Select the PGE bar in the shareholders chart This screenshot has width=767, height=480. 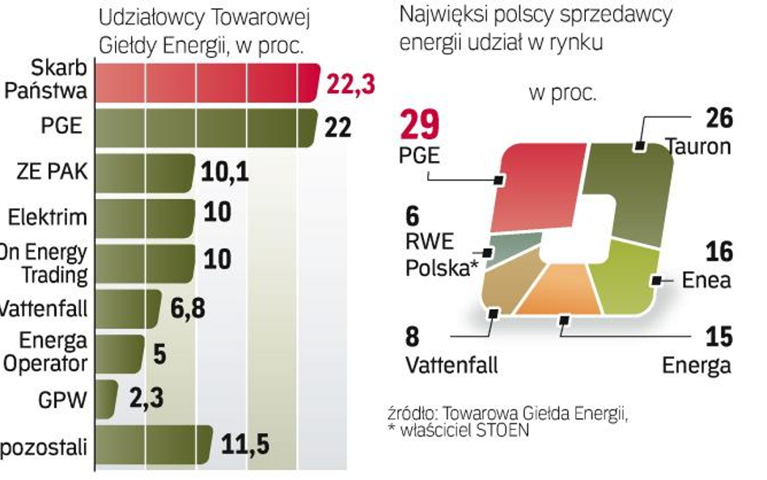click(206, 129)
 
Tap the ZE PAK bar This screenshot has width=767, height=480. click(146, 173)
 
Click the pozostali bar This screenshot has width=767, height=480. click(154, 444)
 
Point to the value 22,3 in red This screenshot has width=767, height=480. click(350, 83)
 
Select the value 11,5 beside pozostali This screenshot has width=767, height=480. click(245, 444)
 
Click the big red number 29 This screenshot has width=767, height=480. click(421, 125)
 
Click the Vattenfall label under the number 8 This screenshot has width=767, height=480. click(451, 364)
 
